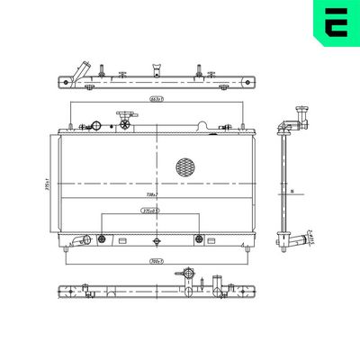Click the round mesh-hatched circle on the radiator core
[185, 166]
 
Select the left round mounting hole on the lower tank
[102, 238]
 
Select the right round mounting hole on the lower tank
[199, 238]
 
